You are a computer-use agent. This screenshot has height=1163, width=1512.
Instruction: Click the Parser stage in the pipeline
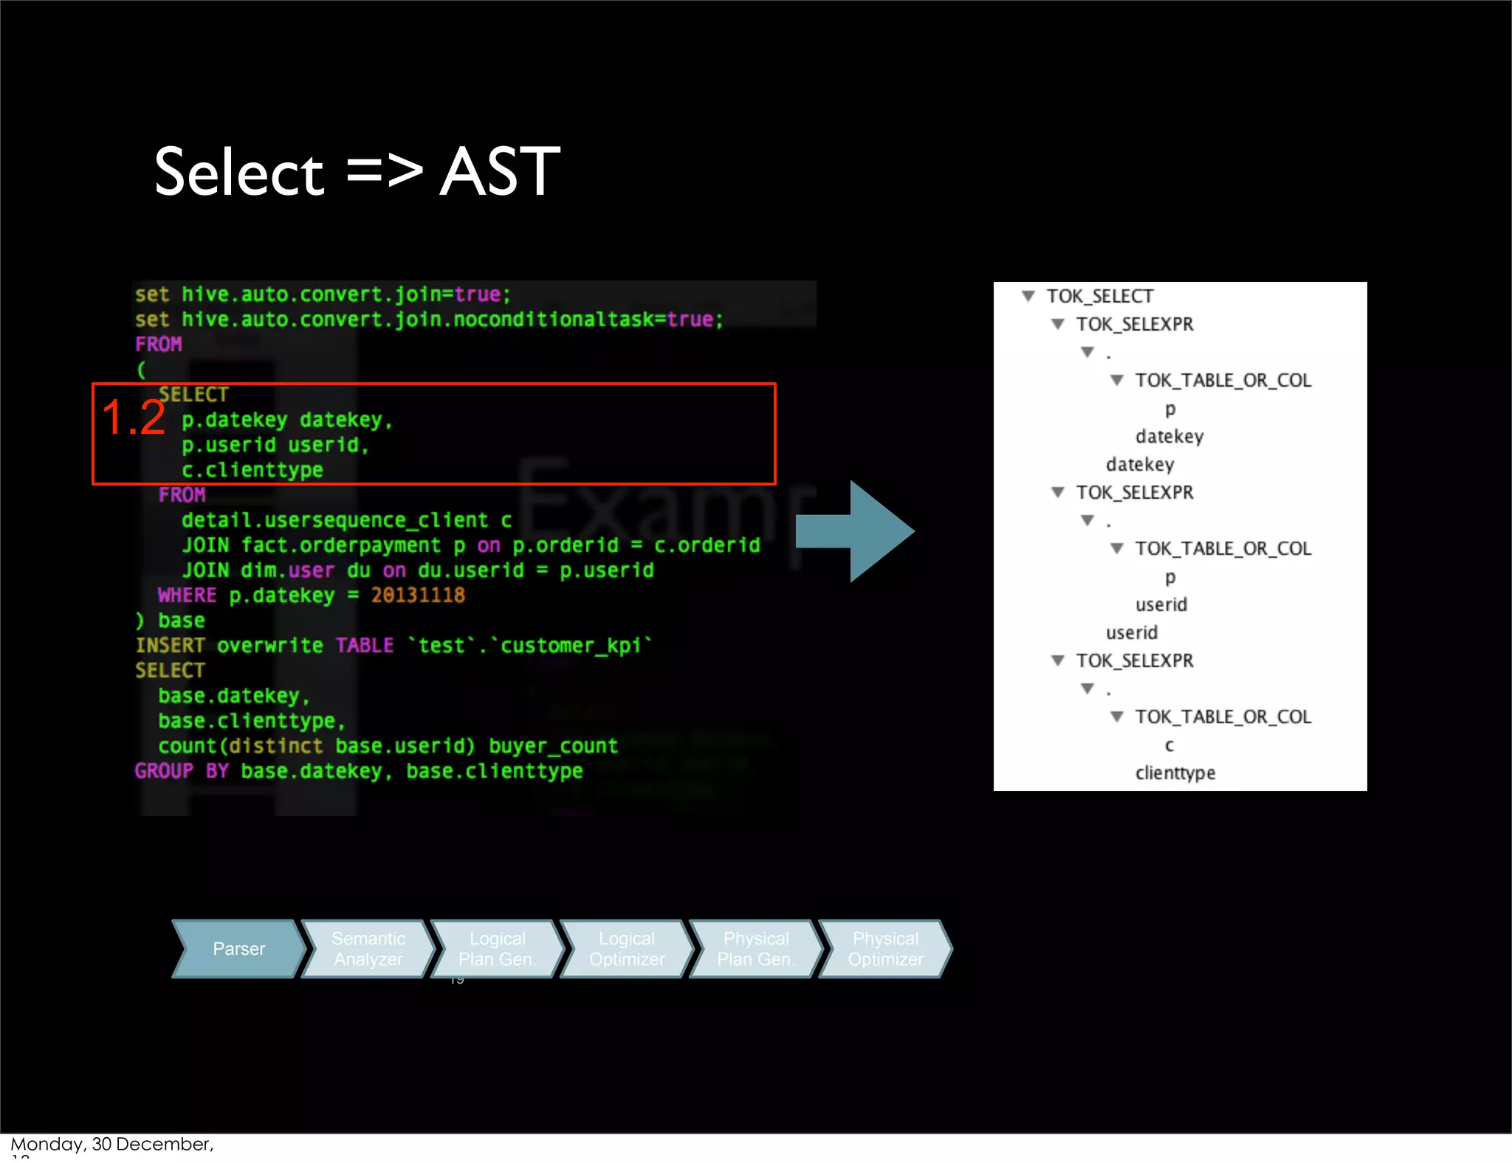tap(238, 949)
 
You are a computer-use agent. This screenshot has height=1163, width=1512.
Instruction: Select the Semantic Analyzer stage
tap(368, 949)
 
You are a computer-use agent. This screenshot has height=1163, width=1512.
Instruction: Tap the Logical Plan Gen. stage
tap(497, 949)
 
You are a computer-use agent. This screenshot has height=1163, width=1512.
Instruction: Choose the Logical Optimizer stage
tap(627, 949)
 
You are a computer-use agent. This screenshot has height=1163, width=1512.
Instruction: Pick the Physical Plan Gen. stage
tap(756, 949)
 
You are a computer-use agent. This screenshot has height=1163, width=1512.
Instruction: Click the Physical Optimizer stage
tap(885, 949)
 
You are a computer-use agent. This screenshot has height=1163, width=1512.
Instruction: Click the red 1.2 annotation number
tap(134, 418)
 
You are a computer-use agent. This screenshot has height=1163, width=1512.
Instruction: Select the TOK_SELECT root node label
tap(1099, 297)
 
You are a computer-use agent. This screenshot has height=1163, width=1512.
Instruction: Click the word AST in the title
tap(500, 172)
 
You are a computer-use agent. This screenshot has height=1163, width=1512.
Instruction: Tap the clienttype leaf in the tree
tap(1175, 773)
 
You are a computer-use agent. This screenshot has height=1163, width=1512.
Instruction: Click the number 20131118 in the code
tap(418, 596)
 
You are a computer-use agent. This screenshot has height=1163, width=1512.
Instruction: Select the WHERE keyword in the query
tap(187, 596)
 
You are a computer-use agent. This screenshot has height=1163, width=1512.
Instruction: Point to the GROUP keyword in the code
tap(163, 771)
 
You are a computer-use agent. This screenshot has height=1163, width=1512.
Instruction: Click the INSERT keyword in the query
tap(170, 646)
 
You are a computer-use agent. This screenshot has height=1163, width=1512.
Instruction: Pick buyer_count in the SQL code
tap(553, 746)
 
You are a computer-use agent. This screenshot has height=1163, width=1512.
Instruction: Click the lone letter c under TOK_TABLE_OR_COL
tap(1169, 746)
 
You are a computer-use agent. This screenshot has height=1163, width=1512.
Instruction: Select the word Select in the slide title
tap(238, 172)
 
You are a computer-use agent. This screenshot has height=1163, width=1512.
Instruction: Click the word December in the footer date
tap(163, 1144)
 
